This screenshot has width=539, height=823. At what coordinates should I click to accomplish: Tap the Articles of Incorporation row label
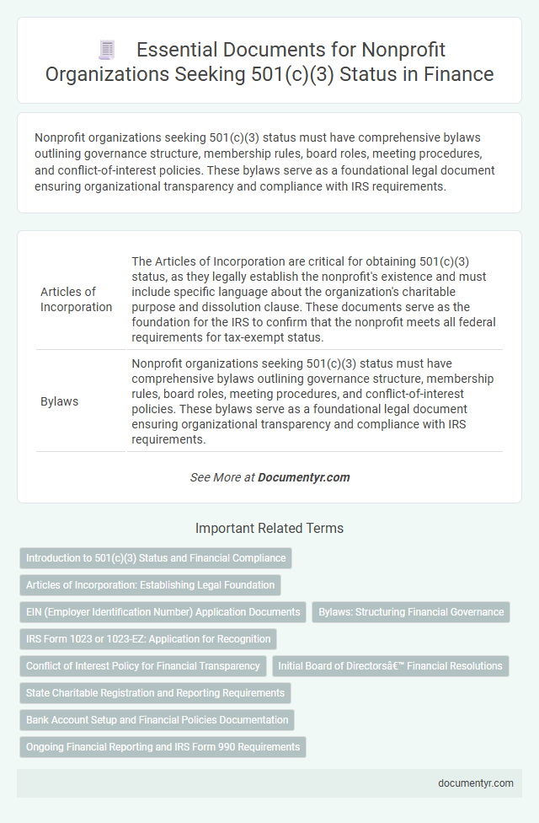point(77,299)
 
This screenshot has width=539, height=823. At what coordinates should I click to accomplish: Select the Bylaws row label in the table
point(60,401)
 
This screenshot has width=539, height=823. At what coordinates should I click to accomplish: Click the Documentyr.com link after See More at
point(304,477)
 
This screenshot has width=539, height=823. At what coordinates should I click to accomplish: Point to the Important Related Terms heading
point(269,529)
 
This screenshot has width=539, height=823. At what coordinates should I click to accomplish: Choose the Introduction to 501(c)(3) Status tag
point(156,558)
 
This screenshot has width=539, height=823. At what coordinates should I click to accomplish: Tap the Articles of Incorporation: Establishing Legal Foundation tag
point(150,585)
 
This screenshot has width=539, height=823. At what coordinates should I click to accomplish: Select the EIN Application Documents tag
point(163,612)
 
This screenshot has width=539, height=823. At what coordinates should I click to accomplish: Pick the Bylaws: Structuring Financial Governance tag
point(411,612)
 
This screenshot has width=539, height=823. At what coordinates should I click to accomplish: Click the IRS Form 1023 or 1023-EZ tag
point(148,639)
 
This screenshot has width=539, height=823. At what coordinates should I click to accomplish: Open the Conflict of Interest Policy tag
point(143,666)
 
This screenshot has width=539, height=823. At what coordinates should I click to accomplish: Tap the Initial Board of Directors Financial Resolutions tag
point(391,666)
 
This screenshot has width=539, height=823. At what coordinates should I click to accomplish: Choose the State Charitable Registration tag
point(156,693)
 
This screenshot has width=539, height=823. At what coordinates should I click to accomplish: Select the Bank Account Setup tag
point(157,720)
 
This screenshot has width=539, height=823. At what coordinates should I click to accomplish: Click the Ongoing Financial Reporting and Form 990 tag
point(163,747)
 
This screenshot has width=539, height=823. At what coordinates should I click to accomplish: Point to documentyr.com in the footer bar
point(476,783)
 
